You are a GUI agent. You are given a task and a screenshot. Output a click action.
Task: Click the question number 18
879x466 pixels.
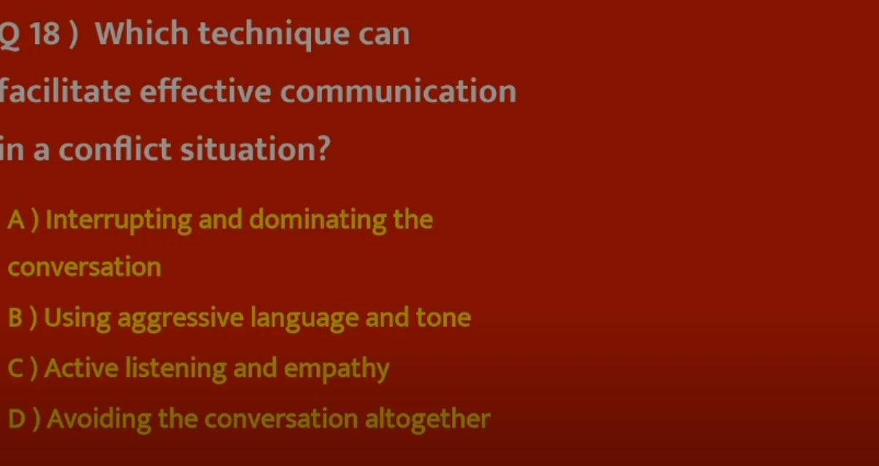[45, 34]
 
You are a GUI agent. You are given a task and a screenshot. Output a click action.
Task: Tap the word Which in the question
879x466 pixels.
[142, 33]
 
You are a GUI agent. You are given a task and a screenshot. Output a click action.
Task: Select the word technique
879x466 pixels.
[274, 34]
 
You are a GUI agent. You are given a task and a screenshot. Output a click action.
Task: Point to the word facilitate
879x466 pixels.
[65, 91]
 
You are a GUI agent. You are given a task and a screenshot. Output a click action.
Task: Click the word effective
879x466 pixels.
[205, 91]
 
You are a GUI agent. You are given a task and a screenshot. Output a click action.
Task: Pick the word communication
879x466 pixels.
[399, 91]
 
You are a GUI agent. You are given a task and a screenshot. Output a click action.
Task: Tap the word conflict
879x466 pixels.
[115, 149]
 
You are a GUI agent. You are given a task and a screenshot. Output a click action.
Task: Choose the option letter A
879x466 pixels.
[16, 219]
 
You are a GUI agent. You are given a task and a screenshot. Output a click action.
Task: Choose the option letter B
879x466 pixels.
[15, 317]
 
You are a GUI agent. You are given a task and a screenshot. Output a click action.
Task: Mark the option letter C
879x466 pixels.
[16, 368]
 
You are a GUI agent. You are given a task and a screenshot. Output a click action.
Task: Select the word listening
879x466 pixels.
[176, 369]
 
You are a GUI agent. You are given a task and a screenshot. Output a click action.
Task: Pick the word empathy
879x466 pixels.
[337, 369]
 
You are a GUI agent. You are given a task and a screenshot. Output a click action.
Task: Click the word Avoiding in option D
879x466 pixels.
[99, 419]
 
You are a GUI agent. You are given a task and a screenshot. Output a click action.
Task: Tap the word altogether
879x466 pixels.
[428, 419]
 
